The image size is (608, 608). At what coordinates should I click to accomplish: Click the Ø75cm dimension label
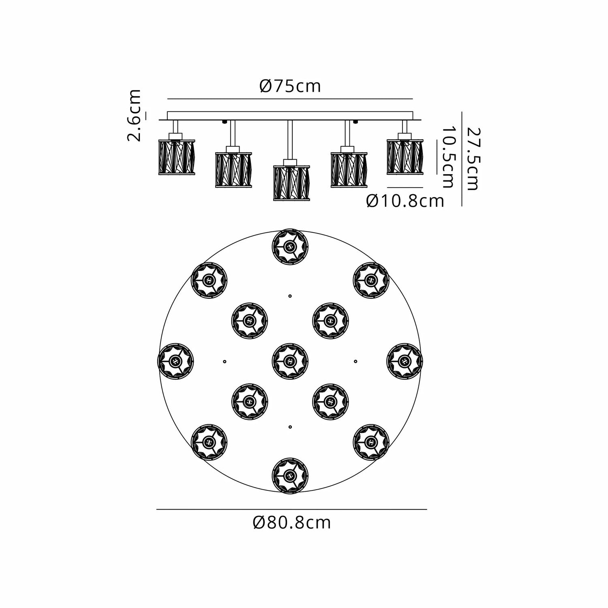point(290,86)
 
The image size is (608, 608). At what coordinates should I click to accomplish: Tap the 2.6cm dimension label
point(134,116)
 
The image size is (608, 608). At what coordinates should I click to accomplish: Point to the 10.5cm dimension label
point(447,157)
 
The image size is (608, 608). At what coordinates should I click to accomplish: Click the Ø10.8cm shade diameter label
point(405,201)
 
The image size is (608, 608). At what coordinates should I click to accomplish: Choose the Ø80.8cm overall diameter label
point(292,522)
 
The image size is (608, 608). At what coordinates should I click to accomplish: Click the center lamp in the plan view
point(290,361)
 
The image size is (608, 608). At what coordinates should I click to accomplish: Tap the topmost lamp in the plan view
point(290,246)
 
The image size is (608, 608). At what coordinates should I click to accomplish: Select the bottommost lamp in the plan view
point(290,475)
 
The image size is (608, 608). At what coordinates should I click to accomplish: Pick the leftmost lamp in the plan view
point(175,361)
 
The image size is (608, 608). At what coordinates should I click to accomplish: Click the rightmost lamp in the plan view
point(405,361)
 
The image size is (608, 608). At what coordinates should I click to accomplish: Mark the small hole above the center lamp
point(290,296)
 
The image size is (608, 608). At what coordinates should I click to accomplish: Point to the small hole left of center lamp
point(225,361)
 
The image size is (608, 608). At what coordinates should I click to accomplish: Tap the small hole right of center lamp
point(355,361)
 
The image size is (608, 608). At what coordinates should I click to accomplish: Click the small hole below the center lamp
point(290,426)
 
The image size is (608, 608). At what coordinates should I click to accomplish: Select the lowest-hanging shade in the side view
point(291,183)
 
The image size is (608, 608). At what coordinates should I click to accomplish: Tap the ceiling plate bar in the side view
point(290,116)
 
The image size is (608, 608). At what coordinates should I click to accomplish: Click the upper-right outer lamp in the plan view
point(371,280)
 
